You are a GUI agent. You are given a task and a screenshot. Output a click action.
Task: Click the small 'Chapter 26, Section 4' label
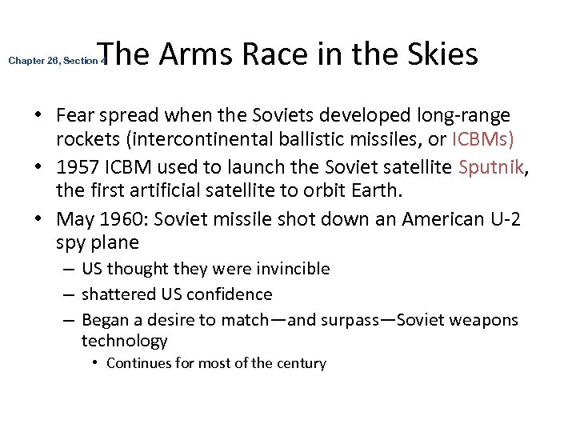coord(57,61)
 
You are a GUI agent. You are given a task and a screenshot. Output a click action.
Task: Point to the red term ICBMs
coord(483,139)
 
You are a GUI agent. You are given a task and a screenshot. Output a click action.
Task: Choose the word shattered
coord(119,294)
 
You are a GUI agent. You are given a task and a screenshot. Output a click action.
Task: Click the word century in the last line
coord(300,363)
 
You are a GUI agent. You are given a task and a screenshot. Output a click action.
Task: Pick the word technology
coord(124,341)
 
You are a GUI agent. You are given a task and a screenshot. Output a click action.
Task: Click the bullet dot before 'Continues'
coord(94,363)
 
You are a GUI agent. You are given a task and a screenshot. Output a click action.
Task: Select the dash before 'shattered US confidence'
coord(69,294)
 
